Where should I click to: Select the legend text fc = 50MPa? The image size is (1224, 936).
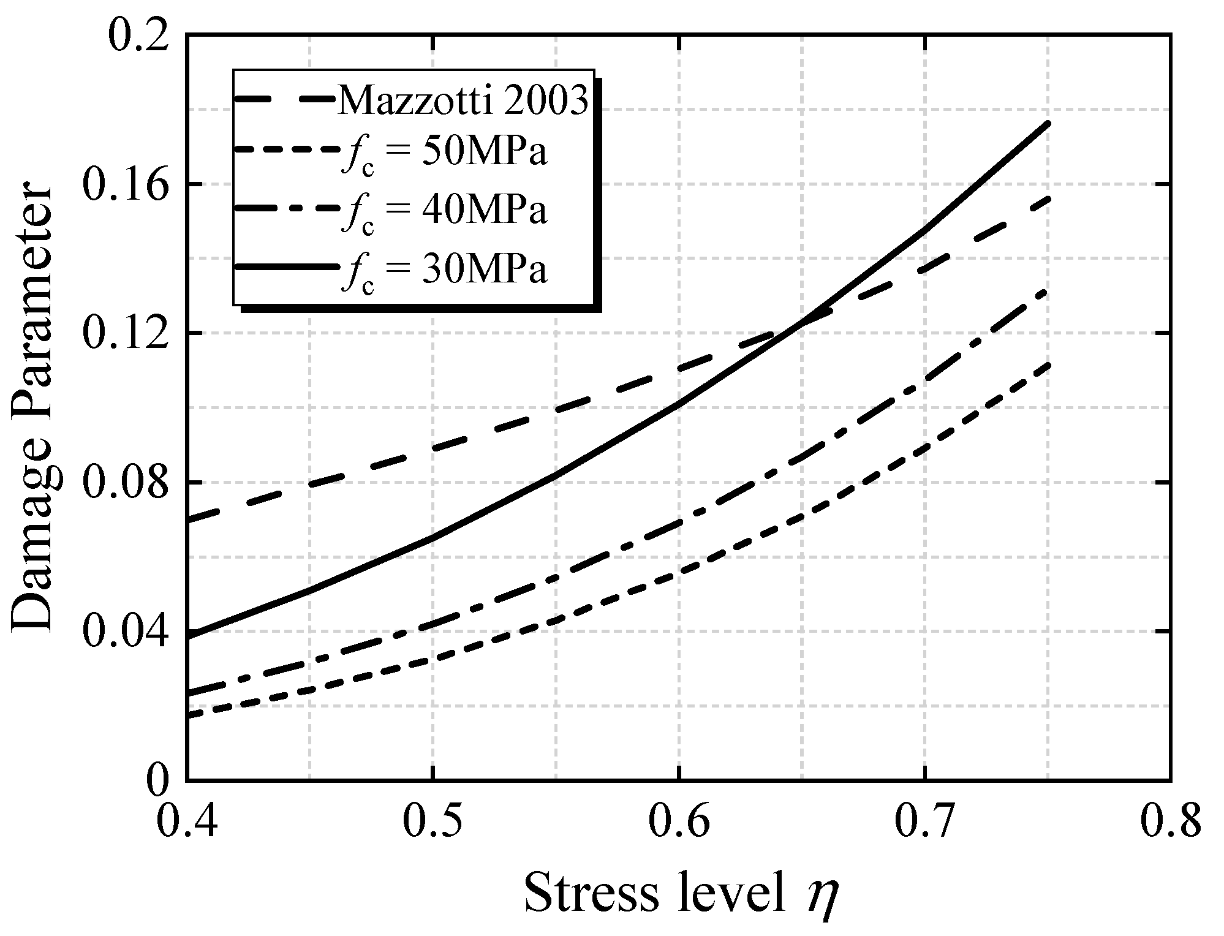click(x=444, y=154)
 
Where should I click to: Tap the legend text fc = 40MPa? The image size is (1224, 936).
click(x=444, y=211)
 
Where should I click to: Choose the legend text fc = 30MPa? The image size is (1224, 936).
click(x=444, y=270)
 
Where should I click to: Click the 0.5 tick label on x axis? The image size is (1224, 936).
click(x=433, y=821)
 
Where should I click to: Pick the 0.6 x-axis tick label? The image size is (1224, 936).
click(x=679, y=821)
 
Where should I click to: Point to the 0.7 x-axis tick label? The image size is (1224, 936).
click(x=925, y=821)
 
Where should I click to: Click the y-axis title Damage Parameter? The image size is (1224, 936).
click(x=34, y=407)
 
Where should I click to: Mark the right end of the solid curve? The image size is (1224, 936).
click(x=1049, y=124)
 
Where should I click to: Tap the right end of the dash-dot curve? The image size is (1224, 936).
click(x=1049, y=290)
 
